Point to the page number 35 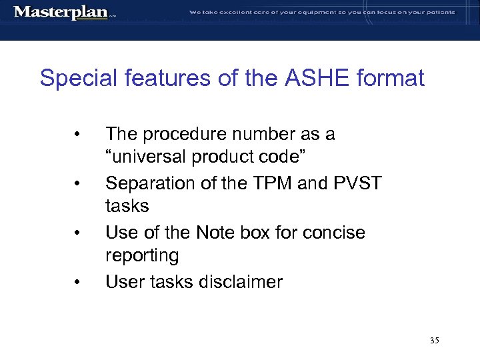pyautogui.click(x=435, y=341)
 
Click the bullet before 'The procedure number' pyautogui.click(x=78, y=135)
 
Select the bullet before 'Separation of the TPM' pyautogui.click(x=78, y=183)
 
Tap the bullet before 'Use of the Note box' pyautogui.click(x=78, y=233)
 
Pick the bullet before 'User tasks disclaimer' pyautogui.click(x=78, y=282)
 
